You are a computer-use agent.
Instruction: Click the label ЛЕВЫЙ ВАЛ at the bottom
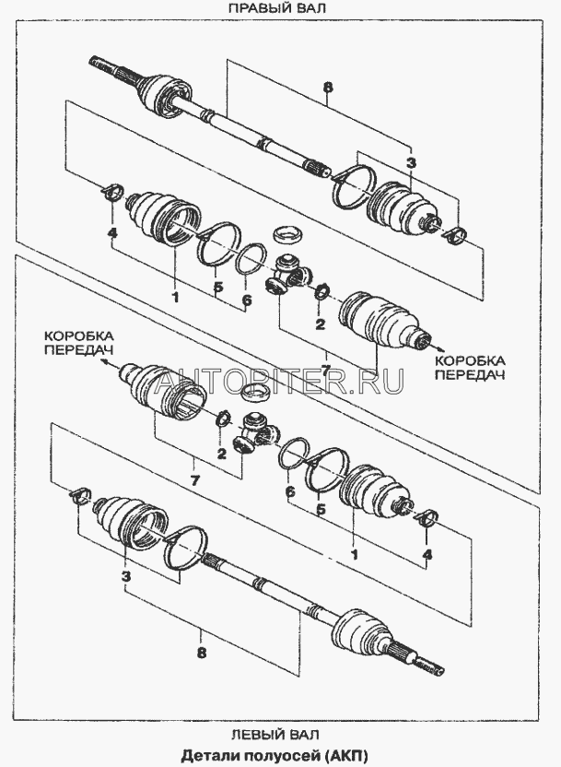[x=275, y=734]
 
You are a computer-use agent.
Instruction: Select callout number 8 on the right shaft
[x=327, y=88]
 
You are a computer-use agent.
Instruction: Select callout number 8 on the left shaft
[x=202, y=652]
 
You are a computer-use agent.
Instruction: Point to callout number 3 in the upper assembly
[x=411, y=163]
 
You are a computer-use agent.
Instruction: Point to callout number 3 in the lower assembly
[x=126, y=577]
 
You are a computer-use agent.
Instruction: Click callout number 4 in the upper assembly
[x=111, y=234]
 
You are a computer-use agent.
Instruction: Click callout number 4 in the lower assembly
[x=427, y=554]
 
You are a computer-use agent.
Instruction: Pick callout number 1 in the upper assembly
[x=175, y=297]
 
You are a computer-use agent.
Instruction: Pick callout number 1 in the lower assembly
[x=355, y=554]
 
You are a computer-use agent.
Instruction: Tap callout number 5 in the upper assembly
[x=218, y=287]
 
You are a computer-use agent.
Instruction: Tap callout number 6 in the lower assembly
[x=290, y=491]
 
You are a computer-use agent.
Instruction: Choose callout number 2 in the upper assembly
[x=320, y=324]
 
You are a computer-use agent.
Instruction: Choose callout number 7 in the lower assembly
[x=194, y=481]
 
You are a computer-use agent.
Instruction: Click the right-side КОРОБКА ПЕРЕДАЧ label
[x=470, y=368]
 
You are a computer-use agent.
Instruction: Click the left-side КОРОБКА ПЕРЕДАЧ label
[x=78, y=343]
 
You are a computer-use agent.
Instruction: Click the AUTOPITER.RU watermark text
[x=279, y=381]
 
